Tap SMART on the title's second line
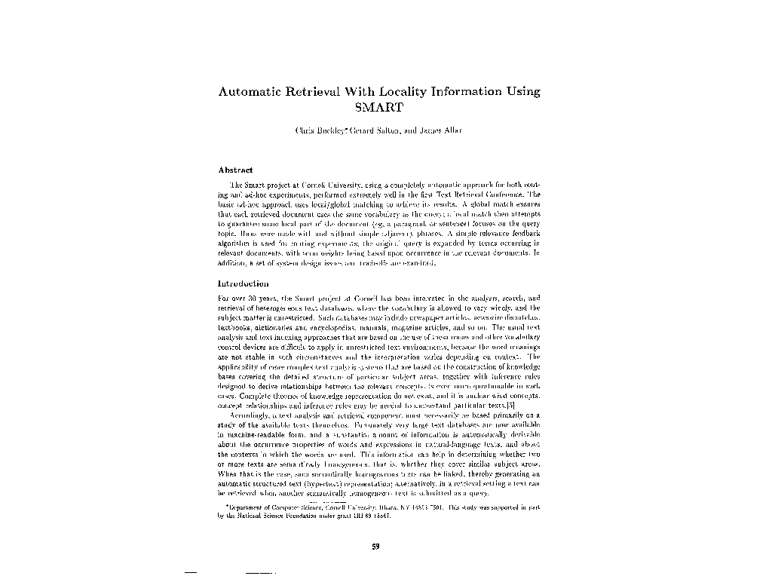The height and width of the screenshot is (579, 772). pyautogui.click(x=379, y=106)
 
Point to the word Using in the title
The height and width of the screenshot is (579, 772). pyautogui.click(x=525, y=92)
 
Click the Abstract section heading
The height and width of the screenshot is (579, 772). pyautogui.click(x=234, y=170)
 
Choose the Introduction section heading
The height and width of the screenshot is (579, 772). pyautogui.click(x=243, y=283)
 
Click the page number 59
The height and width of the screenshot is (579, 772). pyautogui.click(x=375, y=547)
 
